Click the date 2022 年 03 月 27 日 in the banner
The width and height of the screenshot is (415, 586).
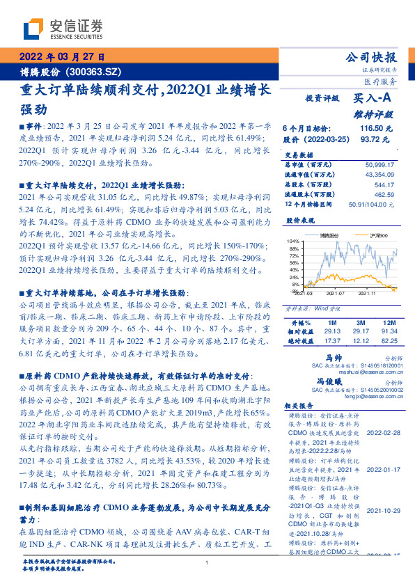click(x=63, y=57)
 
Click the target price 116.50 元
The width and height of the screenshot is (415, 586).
click(x=375, y=129)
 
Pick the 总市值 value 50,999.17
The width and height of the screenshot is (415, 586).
click(x=379, y=164)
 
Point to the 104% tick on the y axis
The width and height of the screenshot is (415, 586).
click(x=293, y=241)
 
